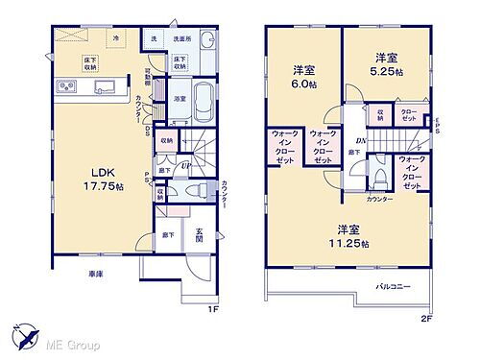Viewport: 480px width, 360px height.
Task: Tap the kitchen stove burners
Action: [x=68, y=89]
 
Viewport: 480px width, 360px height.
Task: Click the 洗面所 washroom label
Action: [x=183, y=38]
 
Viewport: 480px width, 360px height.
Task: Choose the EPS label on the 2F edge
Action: [x=436, y=125]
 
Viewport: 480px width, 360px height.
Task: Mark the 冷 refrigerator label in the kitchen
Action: [x=115, y=37]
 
